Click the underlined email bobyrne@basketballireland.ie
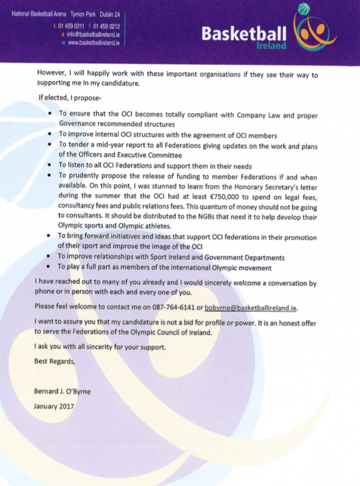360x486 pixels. tap(250, 308)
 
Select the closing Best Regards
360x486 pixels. tap(54, 361)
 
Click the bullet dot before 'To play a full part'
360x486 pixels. tap(50, 268)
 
